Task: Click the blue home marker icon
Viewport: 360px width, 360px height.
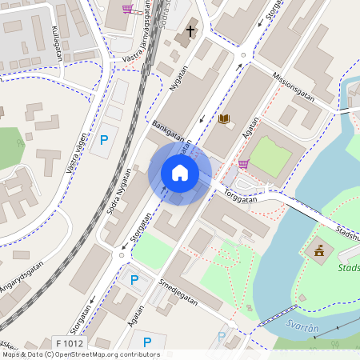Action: pyautogui.click(x=180, y=172)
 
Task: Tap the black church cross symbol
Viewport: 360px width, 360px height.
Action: pyautogui.click(x=190, y=31)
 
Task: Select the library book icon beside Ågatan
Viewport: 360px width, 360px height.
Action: pyautogui.click(x=224, y=119)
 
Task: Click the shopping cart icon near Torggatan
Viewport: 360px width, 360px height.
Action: pyautogui.click(x=243, y=164)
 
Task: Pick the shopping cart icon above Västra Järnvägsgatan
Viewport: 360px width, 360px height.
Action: pyautogui.click(x=127, y=10)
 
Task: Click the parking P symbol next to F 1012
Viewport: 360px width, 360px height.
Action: pyautogui.click(x=146, y=342)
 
